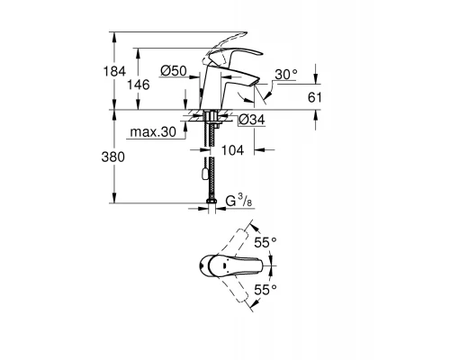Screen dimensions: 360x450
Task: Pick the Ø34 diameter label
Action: [x=251, y=118]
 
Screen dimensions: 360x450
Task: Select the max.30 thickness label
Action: [x=150, y=132]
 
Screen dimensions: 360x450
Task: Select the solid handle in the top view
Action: [x=229, y=266]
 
